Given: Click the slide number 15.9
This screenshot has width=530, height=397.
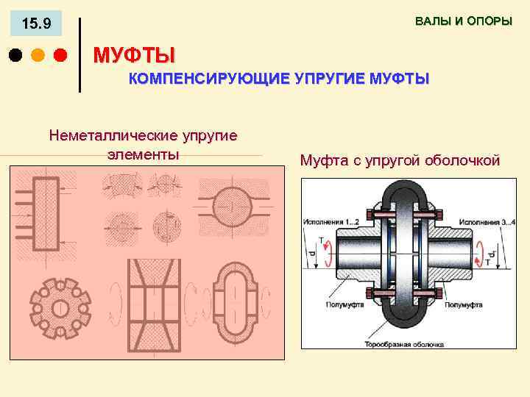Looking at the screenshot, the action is tap(36, 24).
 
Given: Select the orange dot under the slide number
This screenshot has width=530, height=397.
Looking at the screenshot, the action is tap(38, 55).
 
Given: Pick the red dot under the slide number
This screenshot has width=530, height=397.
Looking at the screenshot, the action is tap(60, 55).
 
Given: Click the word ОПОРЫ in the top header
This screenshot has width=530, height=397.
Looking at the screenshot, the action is tap(489, 21).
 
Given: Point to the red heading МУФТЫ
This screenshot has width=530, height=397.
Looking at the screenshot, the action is tap(134, 55).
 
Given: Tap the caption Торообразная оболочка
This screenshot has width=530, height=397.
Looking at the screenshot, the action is tap(404, 343).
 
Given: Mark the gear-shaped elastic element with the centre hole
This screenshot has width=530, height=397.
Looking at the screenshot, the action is tap(58, 307).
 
